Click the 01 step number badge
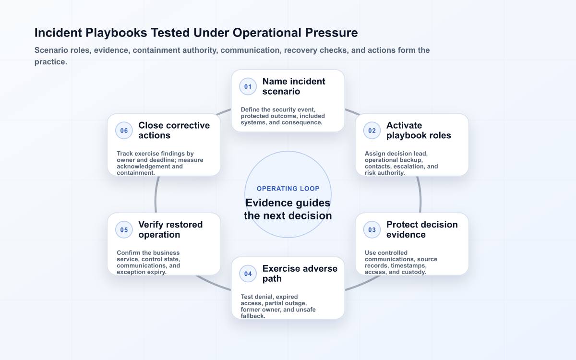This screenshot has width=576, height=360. [248, 87]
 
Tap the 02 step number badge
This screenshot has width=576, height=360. [372, 131]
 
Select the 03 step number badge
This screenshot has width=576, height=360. [372, 229]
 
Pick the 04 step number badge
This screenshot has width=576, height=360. [248, 274]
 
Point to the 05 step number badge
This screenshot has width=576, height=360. [124, 229]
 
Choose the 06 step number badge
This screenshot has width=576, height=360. [124, 131]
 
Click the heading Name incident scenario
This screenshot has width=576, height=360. [294, 86]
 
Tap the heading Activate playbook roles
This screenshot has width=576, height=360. [419, 131]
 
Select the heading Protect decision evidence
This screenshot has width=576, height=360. [422, 229]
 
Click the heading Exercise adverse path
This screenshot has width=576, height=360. [300, 274]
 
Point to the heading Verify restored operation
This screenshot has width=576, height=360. [170, 229]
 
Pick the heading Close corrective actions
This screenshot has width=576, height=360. [174, 131]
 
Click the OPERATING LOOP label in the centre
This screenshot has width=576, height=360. [288, 189]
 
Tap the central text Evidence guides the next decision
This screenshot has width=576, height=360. [288, 209]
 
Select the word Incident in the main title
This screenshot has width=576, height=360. [58, 33]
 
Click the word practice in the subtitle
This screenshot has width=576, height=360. [51, 62]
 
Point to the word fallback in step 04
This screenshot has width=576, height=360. [253, 316]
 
